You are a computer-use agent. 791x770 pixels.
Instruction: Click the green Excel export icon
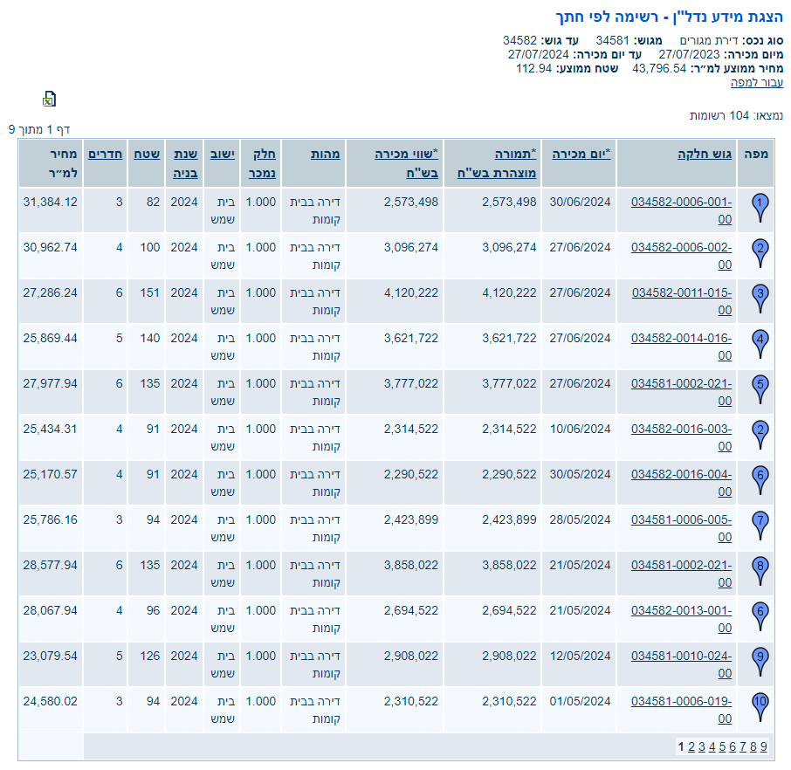tap(50, 99)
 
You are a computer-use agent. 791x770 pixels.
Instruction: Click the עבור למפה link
tap(757, 82)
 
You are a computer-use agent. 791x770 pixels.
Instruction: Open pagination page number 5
tap(722, 746)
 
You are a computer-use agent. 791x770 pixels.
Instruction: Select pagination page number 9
tap(763, 746)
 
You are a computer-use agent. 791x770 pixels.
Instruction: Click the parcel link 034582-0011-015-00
tap(681, 292)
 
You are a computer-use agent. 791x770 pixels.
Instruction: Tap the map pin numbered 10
tap(760, 703)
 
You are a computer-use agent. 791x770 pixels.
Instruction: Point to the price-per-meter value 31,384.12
tap(50, 202)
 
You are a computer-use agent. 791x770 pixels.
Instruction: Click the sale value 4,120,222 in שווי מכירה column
tap(410, 292)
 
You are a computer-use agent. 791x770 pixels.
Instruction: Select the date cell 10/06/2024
tap(580, 429)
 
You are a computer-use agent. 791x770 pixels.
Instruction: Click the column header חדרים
tap(105, 154)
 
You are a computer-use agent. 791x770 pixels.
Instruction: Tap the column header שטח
tap(147, 154)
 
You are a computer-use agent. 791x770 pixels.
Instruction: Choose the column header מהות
tap(326, 154)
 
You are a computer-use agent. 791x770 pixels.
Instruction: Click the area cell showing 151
tap(149, 292)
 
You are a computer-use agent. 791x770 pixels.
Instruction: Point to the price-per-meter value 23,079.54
tap(50, 656)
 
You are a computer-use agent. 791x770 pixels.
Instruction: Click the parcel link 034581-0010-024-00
tap(681, 656)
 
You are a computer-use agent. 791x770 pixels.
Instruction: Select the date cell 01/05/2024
tap(580, 701)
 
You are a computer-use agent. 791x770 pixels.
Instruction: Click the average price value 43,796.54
tap(659, 68)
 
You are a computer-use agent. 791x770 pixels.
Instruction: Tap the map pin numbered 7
tap(760, 521)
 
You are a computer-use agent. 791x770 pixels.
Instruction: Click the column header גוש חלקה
tap(705, 154)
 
